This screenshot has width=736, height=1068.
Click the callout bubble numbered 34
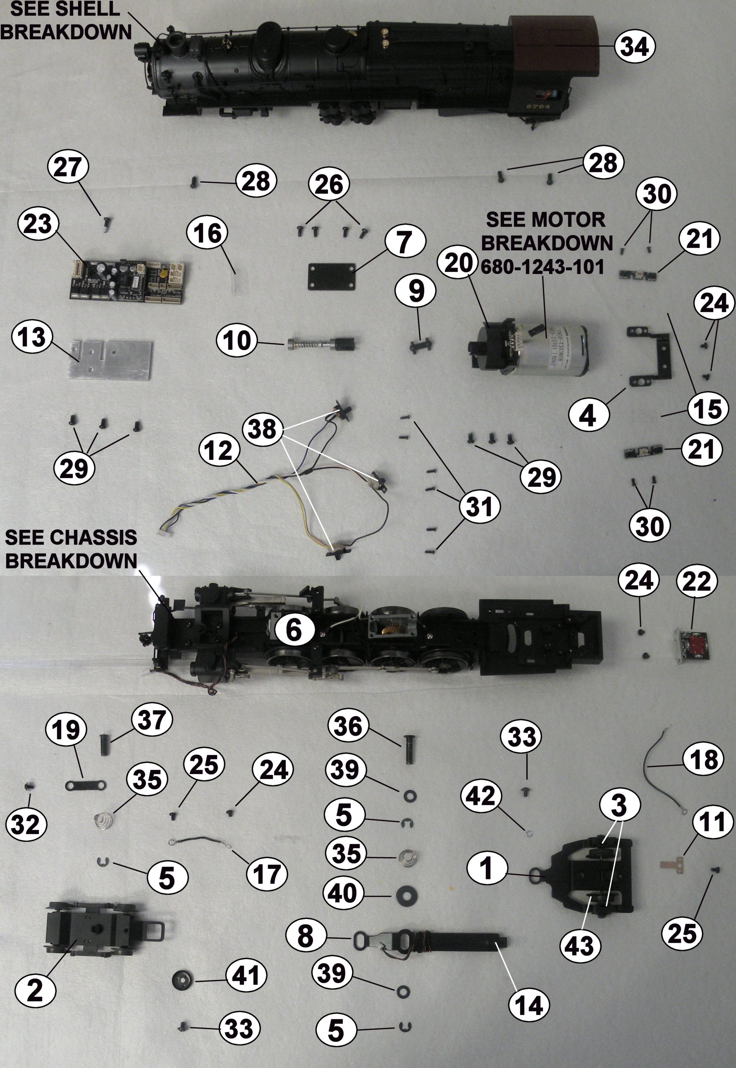coord(635,47)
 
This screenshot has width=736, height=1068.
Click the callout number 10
coord(237,341)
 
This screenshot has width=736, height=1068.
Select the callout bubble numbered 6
coord(294,630)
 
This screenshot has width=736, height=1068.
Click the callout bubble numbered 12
coord(219,450)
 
